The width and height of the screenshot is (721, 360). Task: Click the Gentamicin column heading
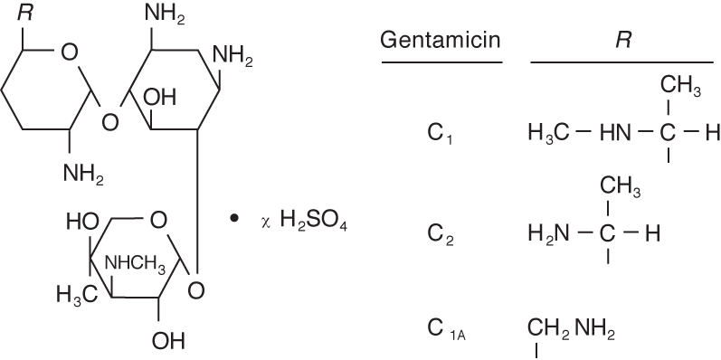coord(441,41)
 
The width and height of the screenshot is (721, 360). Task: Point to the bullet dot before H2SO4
coord(234,219)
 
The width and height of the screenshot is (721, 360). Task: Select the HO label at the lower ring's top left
coord(80,221)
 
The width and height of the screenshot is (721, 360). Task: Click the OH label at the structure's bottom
coord(168,341)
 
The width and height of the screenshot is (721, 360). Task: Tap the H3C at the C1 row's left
coord(546,133)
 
